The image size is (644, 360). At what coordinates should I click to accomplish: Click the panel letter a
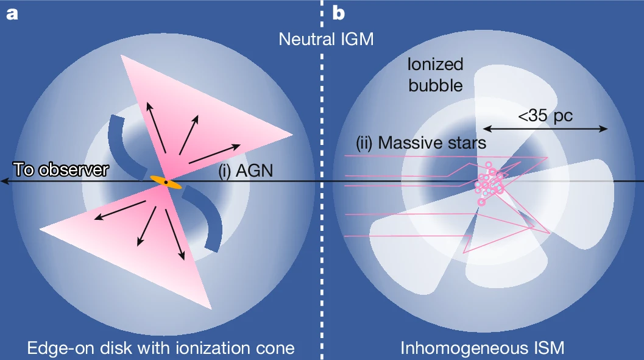click(12, 13)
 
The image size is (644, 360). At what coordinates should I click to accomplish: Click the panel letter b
click(339, 13)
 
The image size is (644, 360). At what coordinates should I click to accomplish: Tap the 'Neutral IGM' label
click(326, 40)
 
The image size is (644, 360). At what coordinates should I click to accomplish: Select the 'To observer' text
click(60, 170)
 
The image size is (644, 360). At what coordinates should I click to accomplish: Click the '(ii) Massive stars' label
click(421, 143)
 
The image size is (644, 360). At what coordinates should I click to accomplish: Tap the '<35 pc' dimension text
click(546, 115)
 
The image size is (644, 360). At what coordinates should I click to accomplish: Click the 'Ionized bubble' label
click(436, 74)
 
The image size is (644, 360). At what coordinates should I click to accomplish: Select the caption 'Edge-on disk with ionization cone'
click(161, 348)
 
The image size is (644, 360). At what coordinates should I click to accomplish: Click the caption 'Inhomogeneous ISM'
click(482, 348)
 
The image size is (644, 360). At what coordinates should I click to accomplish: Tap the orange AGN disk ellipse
click(166, 182)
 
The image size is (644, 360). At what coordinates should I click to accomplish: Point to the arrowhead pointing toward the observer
click(5, 182)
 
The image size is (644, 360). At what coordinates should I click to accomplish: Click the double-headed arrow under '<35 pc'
click(546, 129)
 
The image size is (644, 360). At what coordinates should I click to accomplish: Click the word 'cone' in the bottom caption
click(275, 348)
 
